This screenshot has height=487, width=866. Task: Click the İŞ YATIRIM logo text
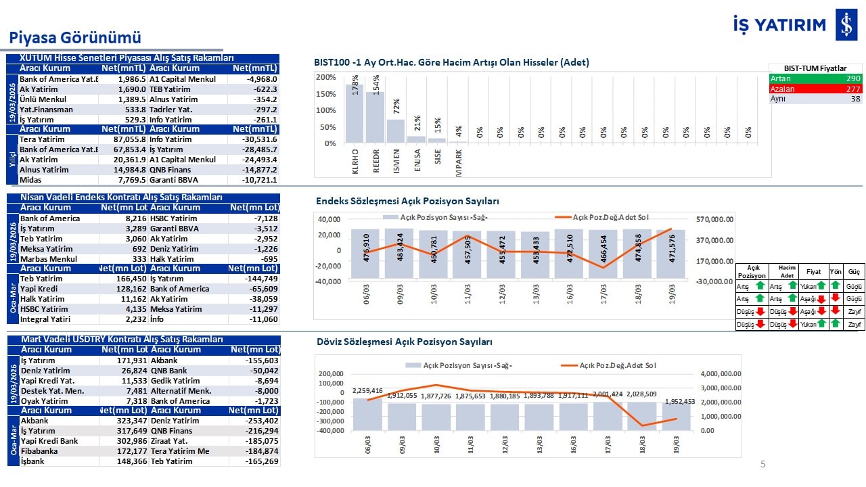(779, 25)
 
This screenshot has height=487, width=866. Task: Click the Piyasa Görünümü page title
(74, 37)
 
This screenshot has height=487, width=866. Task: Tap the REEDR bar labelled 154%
(375, 118)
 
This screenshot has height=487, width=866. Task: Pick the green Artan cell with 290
(815, 78)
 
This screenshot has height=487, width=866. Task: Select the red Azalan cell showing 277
(815, 89)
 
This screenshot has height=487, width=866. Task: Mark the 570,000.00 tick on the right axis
(715, 219)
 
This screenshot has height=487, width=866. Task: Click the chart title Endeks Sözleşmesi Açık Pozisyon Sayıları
(407, 201)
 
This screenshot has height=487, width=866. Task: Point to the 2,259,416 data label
(367, 390)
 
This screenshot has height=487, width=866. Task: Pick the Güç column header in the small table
(854, 271)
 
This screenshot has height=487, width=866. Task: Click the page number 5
(763, 464)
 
